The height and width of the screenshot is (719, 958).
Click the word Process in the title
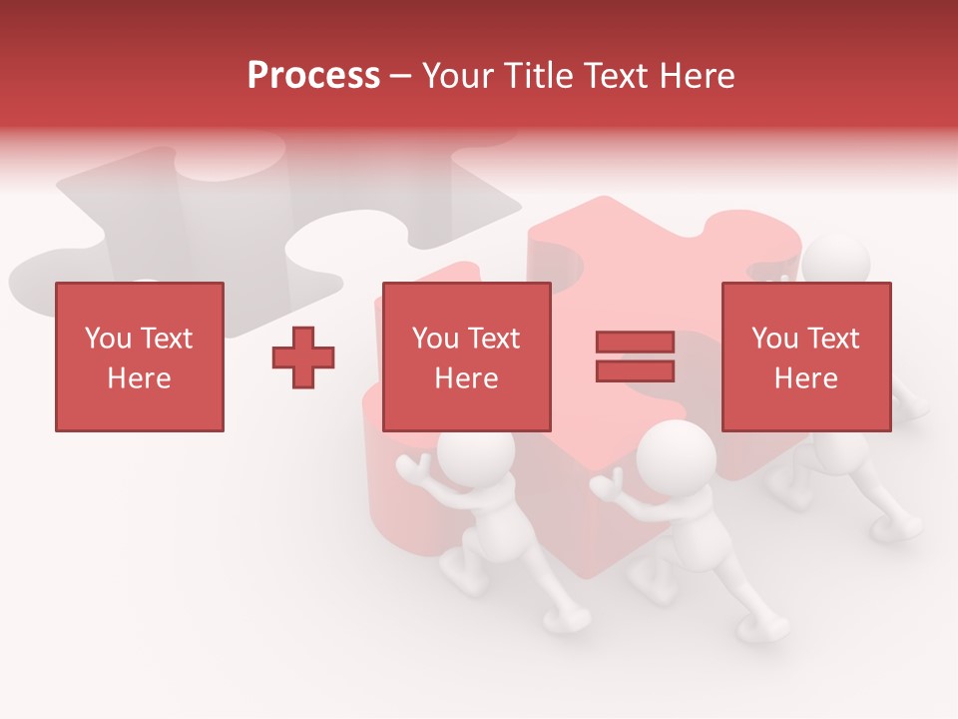click(x=313, y=75)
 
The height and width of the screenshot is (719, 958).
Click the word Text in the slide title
click(x=610, y=75)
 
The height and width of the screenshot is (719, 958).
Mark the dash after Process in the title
click(x=400, y=77)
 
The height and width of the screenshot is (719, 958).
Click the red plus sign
click(x=303, y=358)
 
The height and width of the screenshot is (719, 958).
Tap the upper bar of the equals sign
click(x=635, y=343)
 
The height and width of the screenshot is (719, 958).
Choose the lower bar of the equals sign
click(x=635, y=370)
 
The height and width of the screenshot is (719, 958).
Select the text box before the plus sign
click(x=139, y=357)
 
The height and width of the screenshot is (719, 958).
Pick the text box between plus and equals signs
click(x=466, y=357)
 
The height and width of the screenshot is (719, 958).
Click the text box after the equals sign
click(x=805, y=357)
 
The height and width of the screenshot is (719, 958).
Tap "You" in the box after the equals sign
click(x=774, y=339)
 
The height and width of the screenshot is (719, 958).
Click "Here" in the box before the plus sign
click(x=139, y=378)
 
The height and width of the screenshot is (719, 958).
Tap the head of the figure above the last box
click(x=836, y=261)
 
